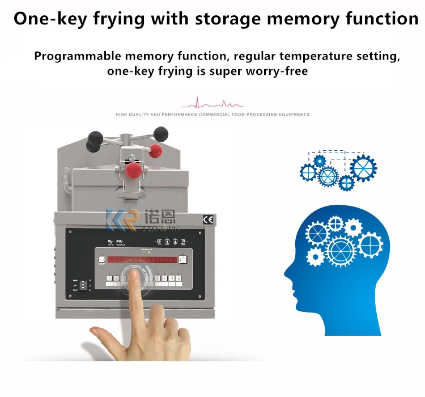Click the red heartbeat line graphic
tap(212, 104)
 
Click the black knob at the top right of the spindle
tap(161, 134)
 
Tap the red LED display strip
tap(144, 259)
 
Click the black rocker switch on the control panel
tap(83, 285)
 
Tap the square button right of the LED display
tap(183, 260)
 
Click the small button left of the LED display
tap(103, 260)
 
